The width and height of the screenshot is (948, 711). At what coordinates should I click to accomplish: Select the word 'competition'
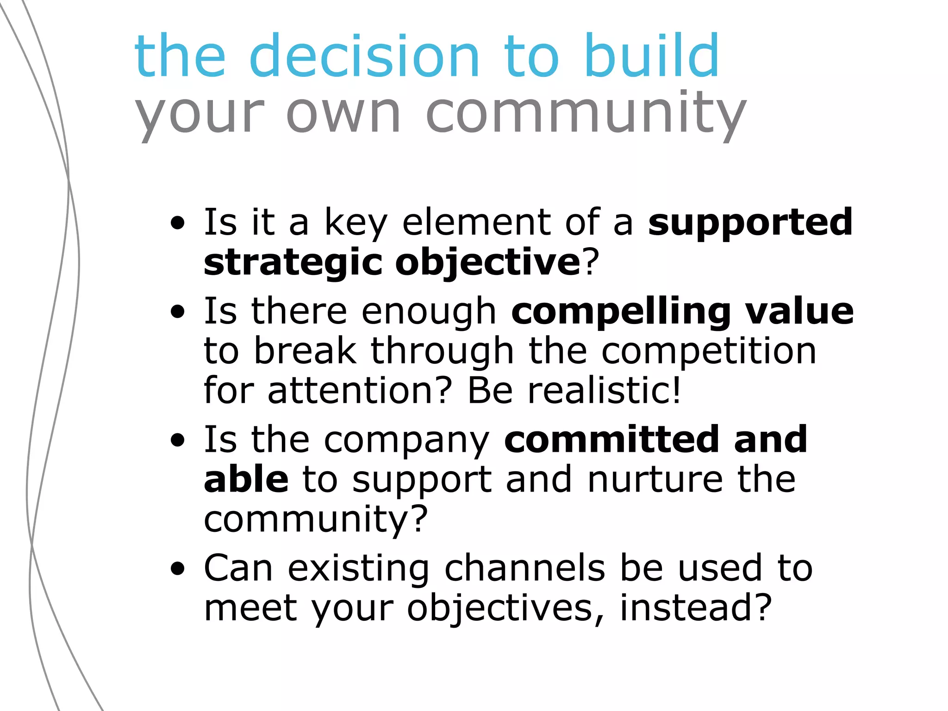pos(709,351)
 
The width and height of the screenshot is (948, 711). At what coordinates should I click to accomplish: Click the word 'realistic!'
pos(605,391)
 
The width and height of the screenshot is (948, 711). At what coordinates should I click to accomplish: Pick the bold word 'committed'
pos(611,439)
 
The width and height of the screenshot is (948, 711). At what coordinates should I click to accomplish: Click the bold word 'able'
pos(246,480)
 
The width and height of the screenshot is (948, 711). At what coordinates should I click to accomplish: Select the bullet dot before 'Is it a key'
pos(177,225)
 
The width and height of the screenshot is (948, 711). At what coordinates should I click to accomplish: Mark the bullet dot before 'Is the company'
pos(177,441)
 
